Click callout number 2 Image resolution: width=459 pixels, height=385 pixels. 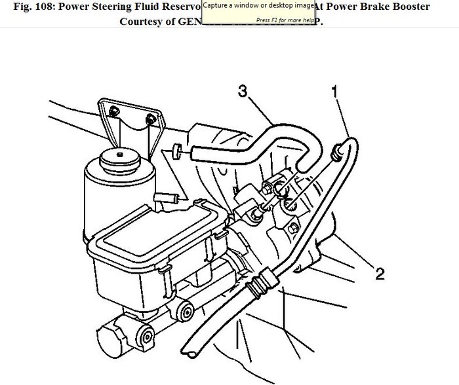click(379, 271)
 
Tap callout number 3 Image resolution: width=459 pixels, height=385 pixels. click(243, 92)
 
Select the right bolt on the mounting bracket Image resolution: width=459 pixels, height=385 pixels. click(153, 118)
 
